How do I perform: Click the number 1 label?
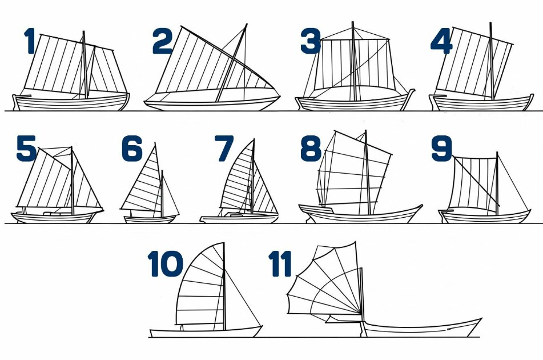coord(30,41)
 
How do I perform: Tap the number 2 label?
coord(162,41)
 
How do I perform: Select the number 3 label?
coord(311,41)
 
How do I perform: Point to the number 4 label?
coord(441,41)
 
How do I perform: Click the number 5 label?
coord(26,149)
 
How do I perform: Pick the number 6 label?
coord(132,149)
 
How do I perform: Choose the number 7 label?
coord(224,149)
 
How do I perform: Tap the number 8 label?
coord(311,149)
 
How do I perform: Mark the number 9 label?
coord(442,149)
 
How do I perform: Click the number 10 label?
coord(165,263)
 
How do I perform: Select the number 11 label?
coord(280,263)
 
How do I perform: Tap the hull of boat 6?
coord(150,219)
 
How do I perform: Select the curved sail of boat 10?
coord(201,286)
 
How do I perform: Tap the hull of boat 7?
coord(239,218)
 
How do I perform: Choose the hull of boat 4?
coord(481,102)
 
